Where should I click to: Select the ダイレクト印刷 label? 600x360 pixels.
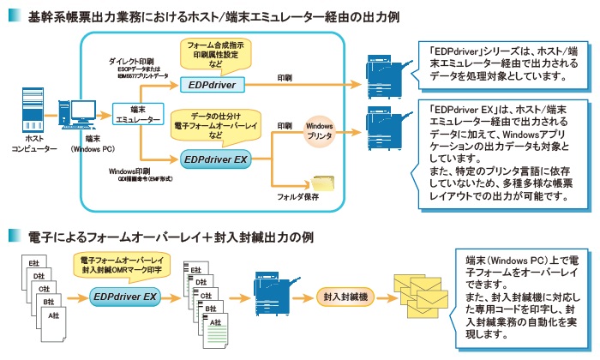point(132,63)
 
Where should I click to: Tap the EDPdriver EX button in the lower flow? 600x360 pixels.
point(125,297)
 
